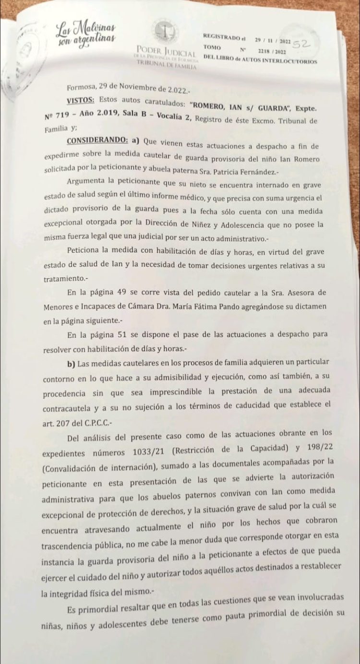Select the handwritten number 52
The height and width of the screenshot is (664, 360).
(x=303, y=44)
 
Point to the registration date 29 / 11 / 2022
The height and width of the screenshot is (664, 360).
(x=272, y=41)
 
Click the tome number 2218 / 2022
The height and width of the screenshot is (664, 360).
(x=272, y=51)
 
